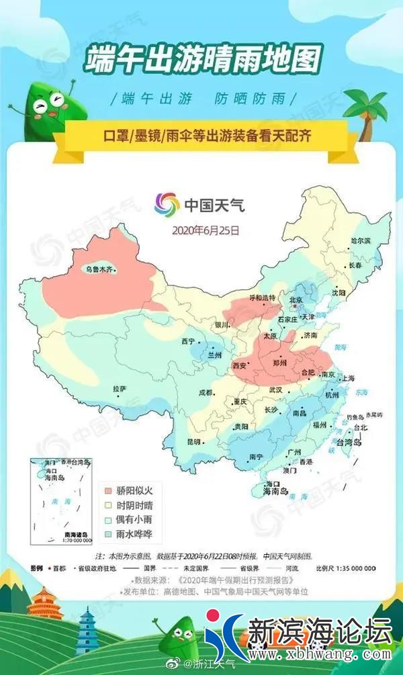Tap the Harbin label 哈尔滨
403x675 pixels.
[361, 240]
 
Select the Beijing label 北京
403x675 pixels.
[296, 300]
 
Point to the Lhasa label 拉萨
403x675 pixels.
[119, 389]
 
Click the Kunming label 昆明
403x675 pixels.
[193, 441]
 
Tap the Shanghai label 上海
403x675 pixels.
[348, 378]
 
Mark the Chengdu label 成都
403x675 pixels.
[205, 392]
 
